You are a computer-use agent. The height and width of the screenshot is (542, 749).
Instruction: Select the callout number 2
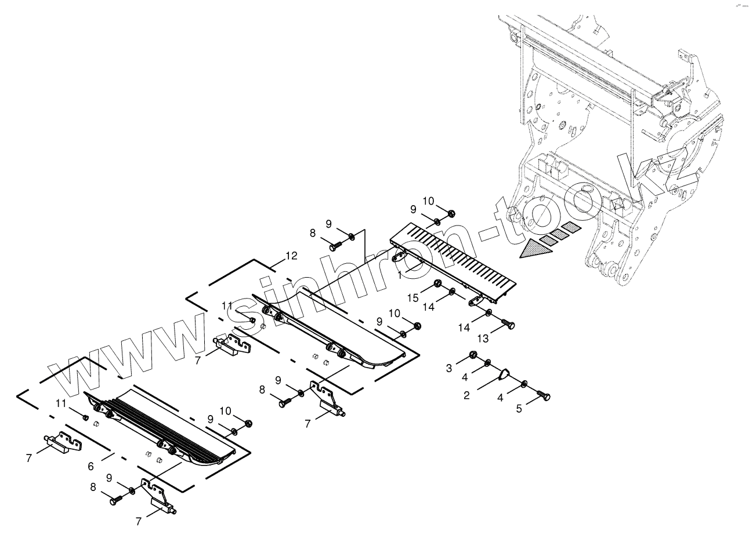click(467, 396)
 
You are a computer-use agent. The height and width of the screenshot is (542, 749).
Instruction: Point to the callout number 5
click(520, 408)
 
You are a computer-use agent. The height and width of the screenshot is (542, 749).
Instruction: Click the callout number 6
click(91, 466)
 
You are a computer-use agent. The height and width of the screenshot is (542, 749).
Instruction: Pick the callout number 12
click(291, 256)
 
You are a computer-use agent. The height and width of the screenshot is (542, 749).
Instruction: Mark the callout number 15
click(413, 297)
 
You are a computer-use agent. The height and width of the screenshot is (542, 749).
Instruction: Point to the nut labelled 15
click(439, 283)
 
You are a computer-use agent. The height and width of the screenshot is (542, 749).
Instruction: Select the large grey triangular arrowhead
click(534, 250)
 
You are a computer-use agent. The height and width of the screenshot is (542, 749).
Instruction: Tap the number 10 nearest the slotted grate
click(428, 201)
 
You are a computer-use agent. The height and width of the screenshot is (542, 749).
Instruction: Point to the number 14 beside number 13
click(464, 328)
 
